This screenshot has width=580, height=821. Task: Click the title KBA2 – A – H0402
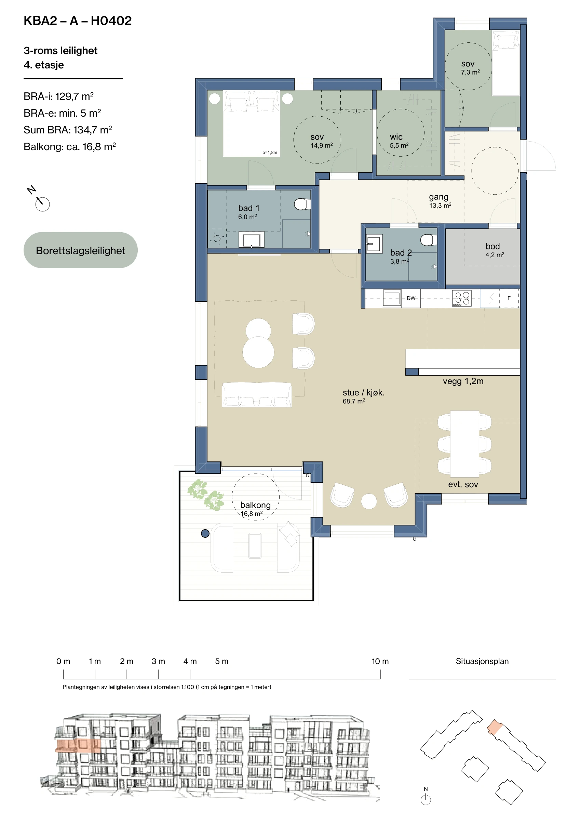(78, 21)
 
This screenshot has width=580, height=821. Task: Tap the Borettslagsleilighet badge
(80, 250)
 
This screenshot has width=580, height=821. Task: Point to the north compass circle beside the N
(42, 204)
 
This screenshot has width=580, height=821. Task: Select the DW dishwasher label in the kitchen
(411, 298)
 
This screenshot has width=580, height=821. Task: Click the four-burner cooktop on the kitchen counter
(462, 298)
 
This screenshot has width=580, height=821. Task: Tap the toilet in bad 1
(302, 204)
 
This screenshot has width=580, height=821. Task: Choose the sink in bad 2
(374, 244)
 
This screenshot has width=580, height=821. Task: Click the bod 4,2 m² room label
(494, 250)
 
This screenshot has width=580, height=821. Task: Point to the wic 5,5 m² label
(399, 141)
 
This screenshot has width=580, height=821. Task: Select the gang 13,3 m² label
(440, 200)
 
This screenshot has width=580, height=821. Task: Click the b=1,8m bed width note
(270, 152)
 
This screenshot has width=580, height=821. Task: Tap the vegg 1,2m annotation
(463, 381)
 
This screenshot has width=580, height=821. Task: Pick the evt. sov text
(463, 484)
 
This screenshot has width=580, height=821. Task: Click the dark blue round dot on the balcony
(205, 534)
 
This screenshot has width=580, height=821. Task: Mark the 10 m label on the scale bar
(380, 661)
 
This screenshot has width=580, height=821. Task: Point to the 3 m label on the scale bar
(158, 661)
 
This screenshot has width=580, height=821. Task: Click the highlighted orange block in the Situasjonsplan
(495, 727)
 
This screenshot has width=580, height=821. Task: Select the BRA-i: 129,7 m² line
(58, 96)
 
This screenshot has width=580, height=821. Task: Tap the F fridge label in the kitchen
(509, 298)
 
